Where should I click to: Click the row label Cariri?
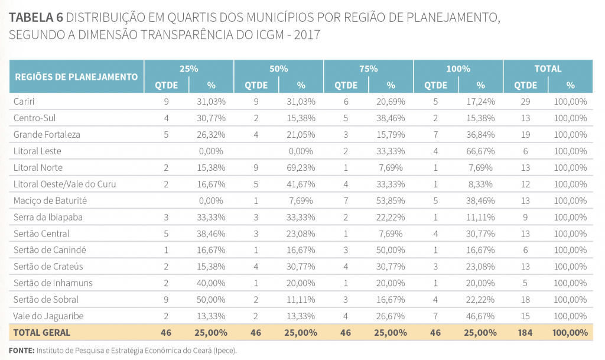pyautogui.click(x=24, y=102)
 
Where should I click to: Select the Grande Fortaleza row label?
pyautogui.click(x=47, y=135)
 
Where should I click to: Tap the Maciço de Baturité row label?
pyautogui.click(x=49, y=201)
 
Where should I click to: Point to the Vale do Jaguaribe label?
pyautogui.click(x=45, y=316)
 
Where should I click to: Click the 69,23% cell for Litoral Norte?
pyautogui.click(x=301, y=168)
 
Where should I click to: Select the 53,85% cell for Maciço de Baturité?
pyautogui.click(x=391, y=201)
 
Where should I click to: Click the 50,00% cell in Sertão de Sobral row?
pyautogui.click(x=211, y=300)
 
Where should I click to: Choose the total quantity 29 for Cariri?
pyautogui.click(x=525, y=102)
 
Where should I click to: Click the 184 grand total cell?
pyautogui.click(x=525, y=333)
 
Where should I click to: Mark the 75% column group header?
pyautogui.click(x=368, y=69)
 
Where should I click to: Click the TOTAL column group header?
pyautogui.click(x=548, y=69)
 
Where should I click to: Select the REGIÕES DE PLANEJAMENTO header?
pyautogui.click(x=76, y=77)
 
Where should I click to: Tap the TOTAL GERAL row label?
pyautogui.click(x=41, y=333)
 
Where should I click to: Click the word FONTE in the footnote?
pyautogui.click(x=21, y=351)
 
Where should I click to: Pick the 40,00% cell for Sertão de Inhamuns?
pyautogui.click(x=211, y=283)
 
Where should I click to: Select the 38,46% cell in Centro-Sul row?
pyautogui.click(x=391, y=118)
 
